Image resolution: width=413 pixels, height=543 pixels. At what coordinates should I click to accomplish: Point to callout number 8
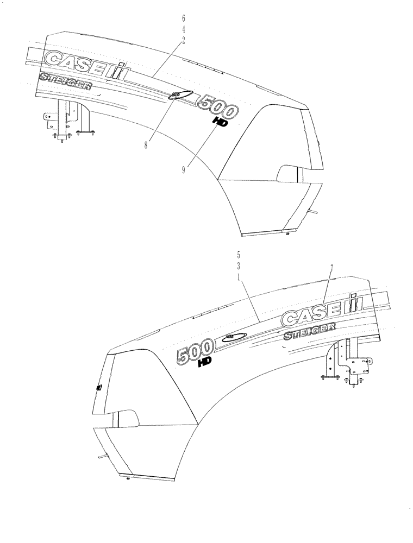point(146,145)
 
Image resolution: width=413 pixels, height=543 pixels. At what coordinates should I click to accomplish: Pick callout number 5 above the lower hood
point(239,254)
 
